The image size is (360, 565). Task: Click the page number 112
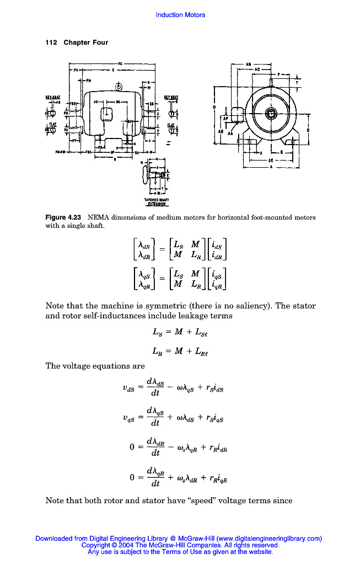[x=51, y=42]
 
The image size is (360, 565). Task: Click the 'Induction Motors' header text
[x=180, y=15]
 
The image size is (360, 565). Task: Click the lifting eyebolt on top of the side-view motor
[x=118, y=87]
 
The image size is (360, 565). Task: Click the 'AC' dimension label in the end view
[x=257, y=70]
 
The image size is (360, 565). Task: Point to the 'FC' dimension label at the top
[x=120, y=63]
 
